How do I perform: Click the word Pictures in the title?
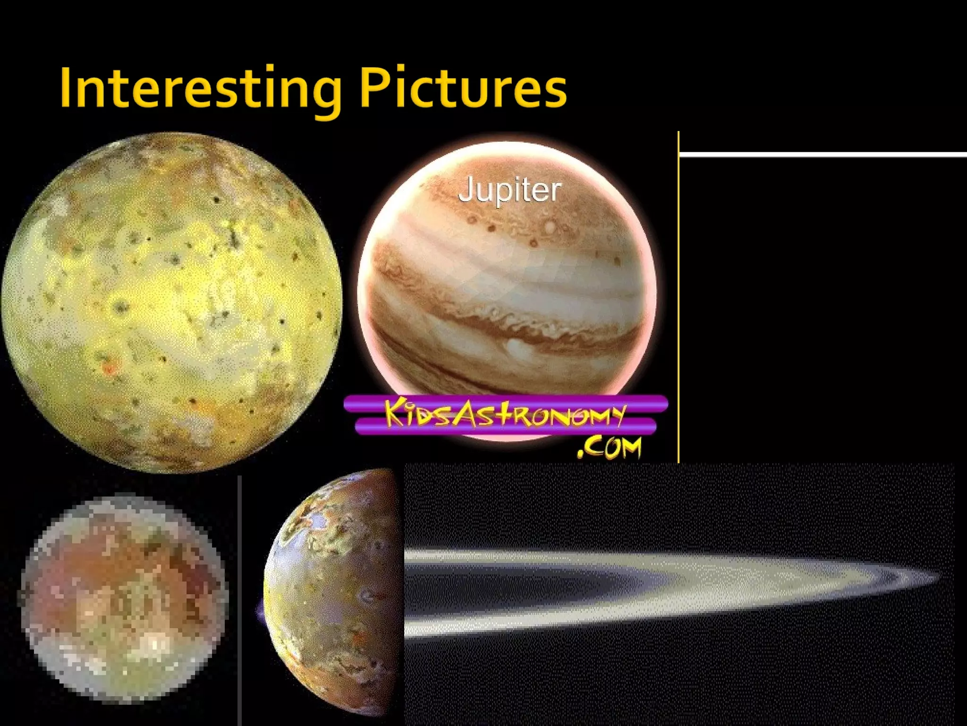pos(463,88)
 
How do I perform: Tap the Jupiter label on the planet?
pos(509,190)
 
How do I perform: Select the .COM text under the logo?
pos(610,447)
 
